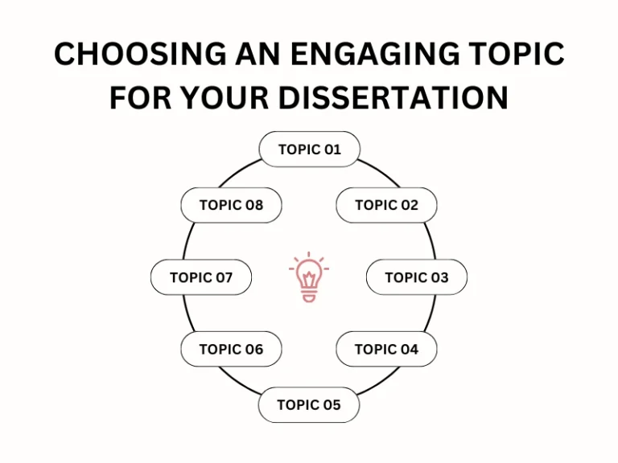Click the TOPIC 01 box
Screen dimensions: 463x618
(x=310, y=150)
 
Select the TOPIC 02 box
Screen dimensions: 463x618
(x=386, y=205)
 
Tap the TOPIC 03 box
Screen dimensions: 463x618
(x=417, y=277)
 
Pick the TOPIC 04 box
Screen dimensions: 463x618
(x=386, y=349)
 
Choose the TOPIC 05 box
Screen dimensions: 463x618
(x=309, y=404)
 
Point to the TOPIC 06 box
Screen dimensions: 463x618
(x=231, y=349)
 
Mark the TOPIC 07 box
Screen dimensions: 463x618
(x=201, y=277)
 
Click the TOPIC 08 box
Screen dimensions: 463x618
(x=231, y=205)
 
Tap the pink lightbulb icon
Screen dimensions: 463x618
(x=309, y=277)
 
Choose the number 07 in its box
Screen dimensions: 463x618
(x=223, y=277)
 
